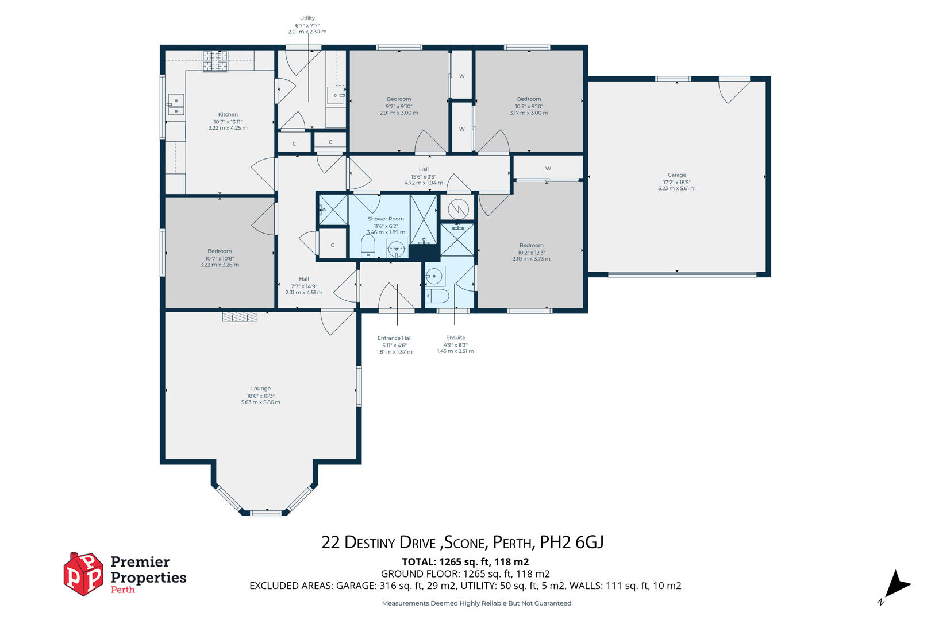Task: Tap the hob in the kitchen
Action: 215,61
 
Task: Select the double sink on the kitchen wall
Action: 176,104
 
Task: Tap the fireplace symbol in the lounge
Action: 240,317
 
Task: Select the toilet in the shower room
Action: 368,246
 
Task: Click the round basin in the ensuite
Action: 434,276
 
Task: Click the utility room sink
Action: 336,95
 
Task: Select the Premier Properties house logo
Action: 83,574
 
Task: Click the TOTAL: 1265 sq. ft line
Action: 466,562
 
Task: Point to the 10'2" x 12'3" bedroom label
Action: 531,252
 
